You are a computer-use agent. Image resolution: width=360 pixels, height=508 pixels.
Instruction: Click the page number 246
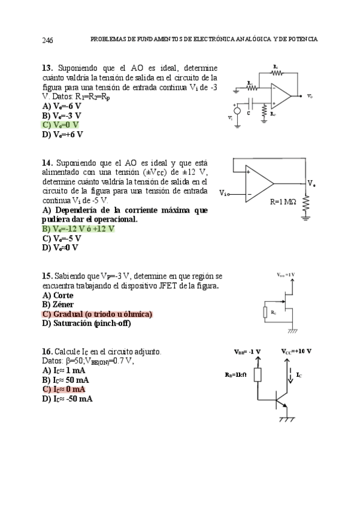point(47,40)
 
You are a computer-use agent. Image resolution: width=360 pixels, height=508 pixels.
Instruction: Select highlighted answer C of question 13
point(60,125)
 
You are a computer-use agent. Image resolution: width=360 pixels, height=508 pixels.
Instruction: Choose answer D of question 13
point(62,134)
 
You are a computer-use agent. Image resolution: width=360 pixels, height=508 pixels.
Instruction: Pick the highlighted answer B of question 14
point(78,229)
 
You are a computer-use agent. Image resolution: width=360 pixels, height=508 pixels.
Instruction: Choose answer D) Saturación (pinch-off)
point(86,323)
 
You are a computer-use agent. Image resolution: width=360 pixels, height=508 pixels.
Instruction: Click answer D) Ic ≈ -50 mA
point(67,399)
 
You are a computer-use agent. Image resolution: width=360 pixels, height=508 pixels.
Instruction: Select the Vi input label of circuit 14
point(223,193)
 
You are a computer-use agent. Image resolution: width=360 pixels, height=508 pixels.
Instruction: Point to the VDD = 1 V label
point(286,274)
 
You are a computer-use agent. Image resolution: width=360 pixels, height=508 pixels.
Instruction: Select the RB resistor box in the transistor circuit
point(258,375)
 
